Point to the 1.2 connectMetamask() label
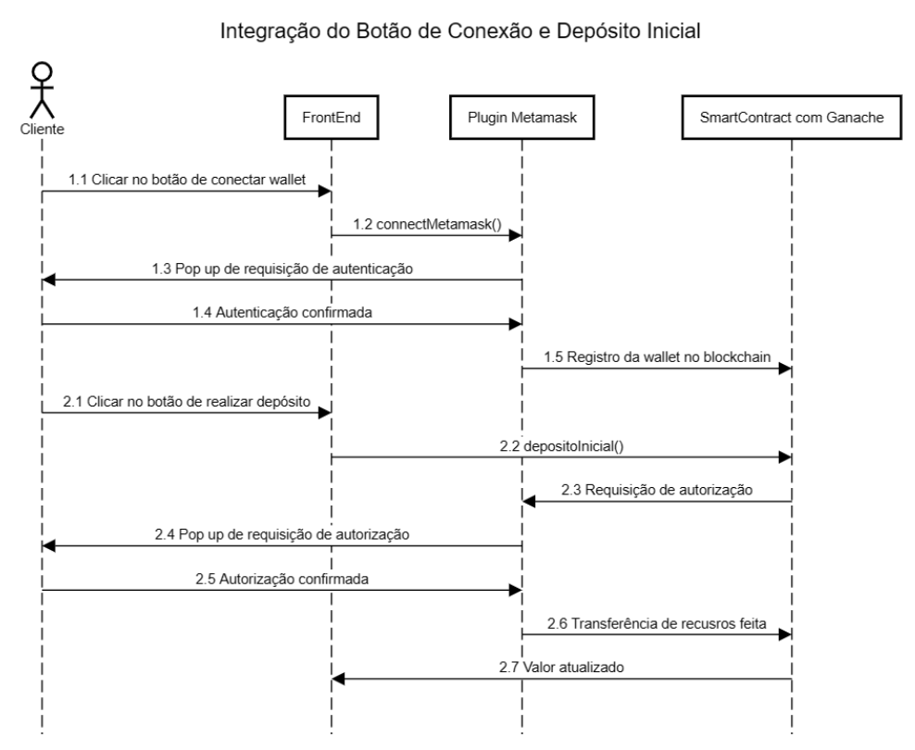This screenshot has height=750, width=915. point(427,222)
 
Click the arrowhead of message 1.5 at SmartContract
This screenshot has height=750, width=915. point(786,369)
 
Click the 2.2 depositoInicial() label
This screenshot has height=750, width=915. point(561,445)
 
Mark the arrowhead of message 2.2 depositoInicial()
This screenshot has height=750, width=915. point(786,457)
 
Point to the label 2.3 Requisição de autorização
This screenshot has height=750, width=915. point(657,490)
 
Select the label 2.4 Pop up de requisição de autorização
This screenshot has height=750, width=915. point(282,534)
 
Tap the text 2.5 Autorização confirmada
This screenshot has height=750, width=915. point(282,580)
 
